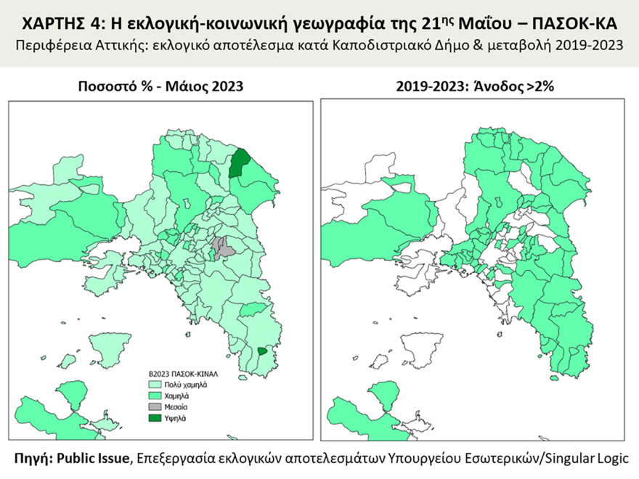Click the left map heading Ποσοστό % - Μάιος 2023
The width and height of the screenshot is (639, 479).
point(160,86)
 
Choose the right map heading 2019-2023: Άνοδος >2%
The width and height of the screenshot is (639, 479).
point(475,86)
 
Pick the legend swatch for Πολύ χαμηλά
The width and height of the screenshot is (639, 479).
point(155,386)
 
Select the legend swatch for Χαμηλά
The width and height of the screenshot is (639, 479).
point(155,397)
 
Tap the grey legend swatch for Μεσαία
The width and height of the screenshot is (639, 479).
point(155,408)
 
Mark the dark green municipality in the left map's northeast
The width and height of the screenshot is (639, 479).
point(237,163)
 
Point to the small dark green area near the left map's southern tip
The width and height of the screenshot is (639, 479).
point(262,351)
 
